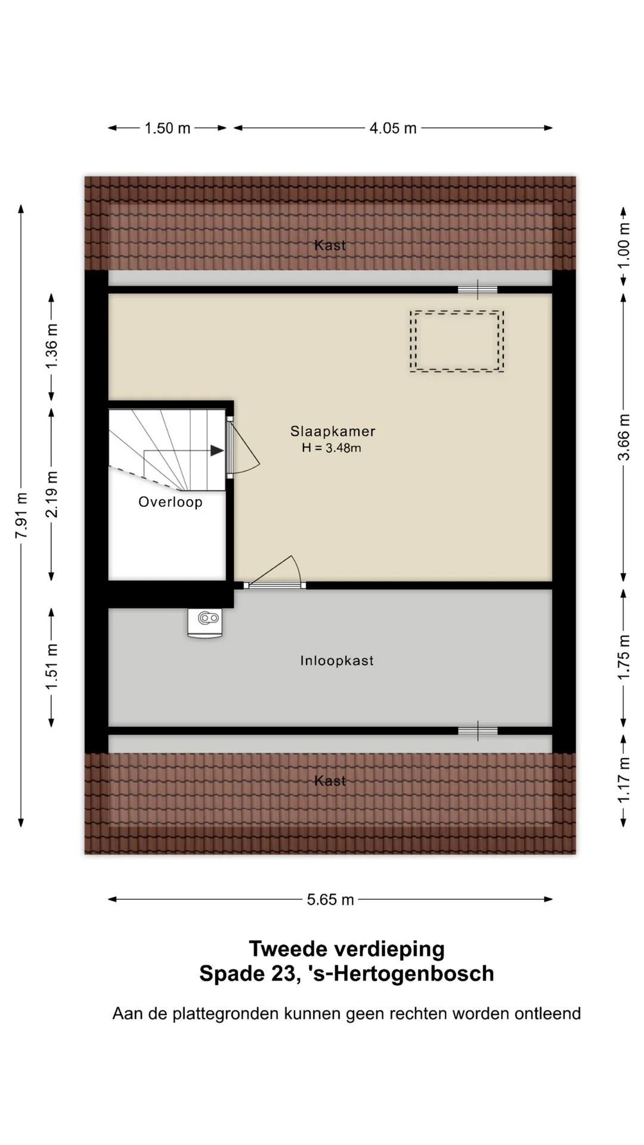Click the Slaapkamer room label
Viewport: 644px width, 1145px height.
(333, 431)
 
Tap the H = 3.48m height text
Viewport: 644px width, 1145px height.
(332, 448)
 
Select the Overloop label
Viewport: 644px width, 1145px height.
(171, 502)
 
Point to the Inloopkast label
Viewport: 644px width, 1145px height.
(337, 661)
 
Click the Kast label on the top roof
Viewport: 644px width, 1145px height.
(330, 245)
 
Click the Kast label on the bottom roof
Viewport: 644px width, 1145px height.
(330, 781)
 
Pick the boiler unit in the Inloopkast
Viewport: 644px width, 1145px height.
(206, 623)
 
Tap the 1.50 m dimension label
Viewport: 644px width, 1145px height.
(168, 128)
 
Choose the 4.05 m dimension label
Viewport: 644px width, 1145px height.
(393, 128)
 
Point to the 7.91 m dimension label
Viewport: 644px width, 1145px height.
(21, 515)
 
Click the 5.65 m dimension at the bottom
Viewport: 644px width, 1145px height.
(330, 899)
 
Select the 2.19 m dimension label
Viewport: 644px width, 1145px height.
(52, 494)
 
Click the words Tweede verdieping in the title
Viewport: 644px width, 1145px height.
(346, 948)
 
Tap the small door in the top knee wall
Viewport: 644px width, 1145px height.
(478, 290)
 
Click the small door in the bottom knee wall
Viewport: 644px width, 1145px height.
(478, 731)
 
